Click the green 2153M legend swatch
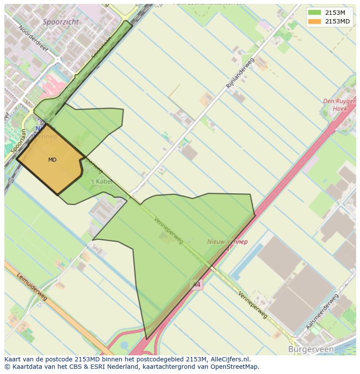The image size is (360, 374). [314, 13]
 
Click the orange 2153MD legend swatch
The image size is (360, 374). [314, 21]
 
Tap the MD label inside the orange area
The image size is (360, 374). [52, 160]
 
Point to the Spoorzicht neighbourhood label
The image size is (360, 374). [61, 21]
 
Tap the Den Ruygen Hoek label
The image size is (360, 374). [339, 105]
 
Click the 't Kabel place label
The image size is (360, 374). [101, 182]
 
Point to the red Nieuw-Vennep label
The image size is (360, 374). [227, 242]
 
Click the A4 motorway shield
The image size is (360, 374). [197, 285]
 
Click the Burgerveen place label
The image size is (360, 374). [310, 349]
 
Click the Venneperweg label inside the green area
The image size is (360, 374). [169, 230]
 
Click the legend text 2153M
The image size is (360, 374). [335, 13]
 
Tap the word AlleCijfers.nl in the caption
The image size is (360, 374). [235, 360]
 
